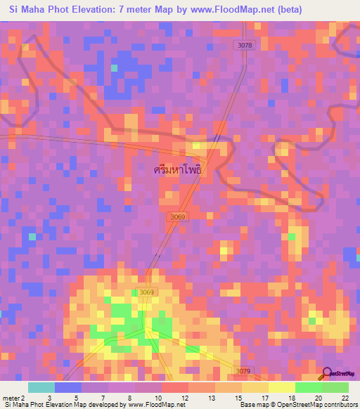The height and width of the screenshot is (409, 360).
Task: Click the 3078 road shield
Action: [243, 45]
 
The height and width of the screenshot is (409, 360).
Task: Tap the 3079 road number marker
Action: [243, 371]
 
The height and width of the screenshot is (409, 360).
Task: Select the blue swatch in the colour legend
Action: [67, 388]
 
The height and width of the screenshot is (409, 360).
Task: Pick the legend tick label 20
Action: [321, 379]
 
